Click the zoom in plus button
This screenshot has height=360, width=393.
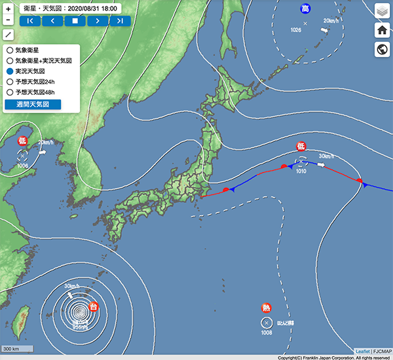click(9, 9)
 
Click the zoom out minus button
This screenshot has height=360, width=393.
click(9, 35)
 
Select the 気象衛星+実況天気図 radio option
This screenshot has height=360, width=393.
click(9, 60)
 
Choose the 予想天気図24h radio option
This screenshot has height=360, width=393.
click(9, 81)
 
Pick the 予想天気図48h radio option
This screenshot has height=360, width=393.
click(9, 92)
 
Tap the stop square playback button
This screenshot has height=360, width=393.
click(75, 20)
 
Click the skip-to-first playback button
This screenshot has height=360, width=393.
click(30, 20)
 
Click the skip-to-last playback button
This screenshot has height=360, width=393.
click(120, 20)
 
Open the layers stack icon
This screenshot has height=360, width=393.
click(383, 10)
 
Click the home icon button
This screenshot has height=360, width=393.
click(383, 30)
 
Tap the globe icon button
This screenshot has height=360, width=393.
click(383, 50)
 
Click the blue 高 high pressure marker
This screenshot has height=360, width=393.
click(305, 9)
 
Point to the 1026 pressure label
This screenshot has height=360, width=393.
click(296, 31)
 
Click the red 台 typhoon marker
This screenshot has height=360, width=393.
click(94, 306)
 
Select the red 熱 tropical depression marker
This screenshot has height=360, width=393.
click(267, 308)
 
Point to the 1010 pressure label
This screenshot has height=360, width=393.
click(301, 171)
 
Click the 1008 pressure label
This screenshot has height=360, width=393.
click(267, 333)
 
